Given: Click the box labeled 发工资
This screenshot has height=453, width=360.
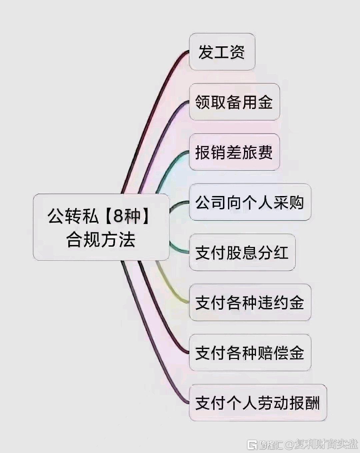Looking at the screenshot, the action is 222,52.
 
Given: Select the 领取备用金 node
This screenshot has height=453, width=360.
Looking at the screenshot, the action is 234,102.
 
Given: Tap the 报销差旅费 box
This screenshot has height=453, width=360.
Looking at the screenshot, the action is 234,152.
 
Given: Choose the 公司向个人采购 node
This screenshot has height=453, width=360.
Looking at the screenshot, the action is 250,202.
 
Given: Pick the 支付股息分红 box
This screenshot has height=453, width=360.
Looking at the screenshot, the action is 242,252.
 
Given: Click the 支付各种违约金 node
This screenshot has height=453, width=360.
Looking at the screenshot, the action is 250,302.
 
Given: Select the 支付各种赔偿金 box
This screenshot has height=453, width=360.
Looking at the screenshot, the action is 250,353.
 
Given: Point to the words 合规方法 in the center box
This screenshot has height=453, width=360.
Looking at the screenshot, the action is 101,240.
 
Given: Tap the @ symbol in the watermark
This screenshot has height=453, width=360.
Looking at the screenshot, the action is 290,444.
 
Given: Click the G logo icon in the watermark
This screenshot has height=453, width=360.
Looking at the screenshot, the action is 252,444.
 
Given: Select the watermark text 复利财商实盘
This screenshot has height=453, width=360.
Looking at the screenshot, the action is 327,444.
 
